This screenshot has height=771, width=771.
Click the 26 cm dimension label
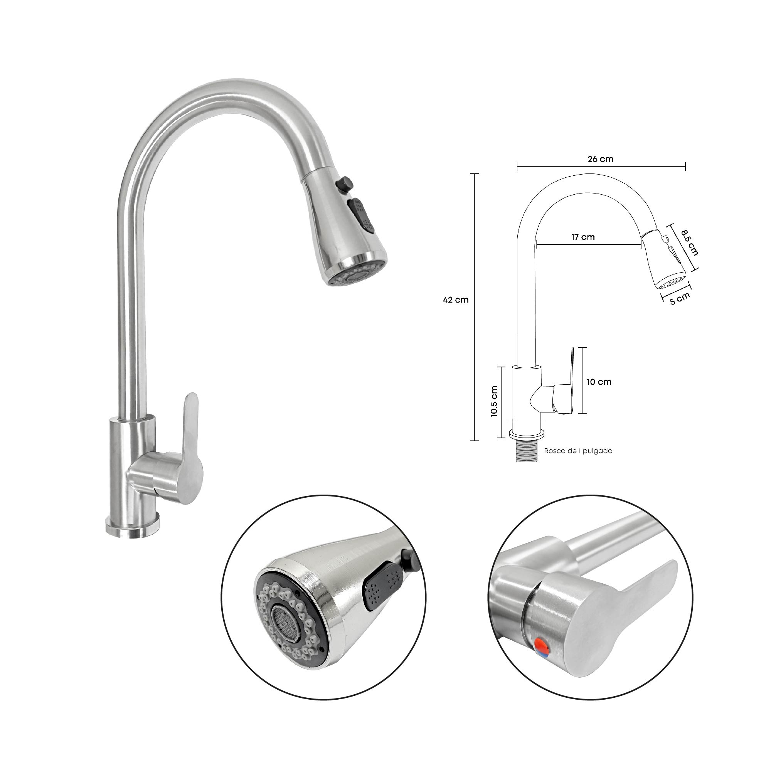pyautogui.click(x=600, y=159)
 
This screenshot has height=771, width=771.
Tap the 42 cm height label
pyautogui.click(x=456, y=300)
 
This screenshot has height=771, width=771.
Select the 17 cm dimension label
pyautogui.click(x=583, y=237)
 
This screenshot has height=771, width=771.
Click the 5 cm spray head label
pyautogui.click(x=680, y=298)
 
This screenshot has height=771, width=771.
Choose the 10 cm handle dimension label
pyautogui.click(x=599, y=382)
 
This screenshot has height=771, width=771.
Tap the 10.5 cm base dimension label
pyautogui.click(x=494, y=401)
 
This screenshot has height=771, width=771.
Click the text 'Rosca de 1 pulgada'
pyautogui.click(x=578, y=451)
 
